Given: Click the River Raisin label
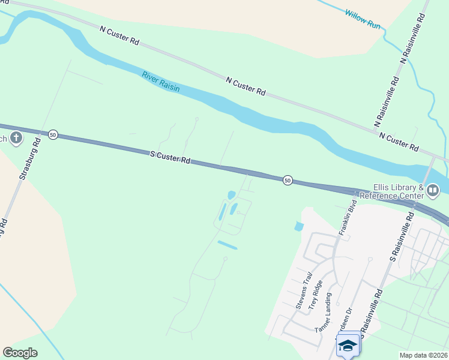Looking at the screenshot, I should [x=161, y=81].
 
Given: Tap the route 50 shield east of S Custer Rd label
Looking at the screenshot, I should [x=288, y=180].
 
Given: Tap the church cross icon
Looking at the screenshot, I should [x=16, y=139].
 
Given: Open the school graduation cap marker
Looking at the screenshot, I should [x=348, y=346].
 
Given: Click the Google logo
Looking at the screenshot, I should [x=20, y=353].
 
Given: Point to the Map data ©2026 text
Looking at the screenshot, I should [x=423, y=355].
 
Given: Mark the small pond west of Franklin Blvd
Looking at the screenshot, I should [x=299, y=227].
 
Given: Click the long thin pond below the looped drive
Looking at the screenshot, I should [x=228, y=245].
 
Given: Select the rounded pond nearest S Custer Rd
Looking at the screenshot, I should [x=232, y=194].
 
